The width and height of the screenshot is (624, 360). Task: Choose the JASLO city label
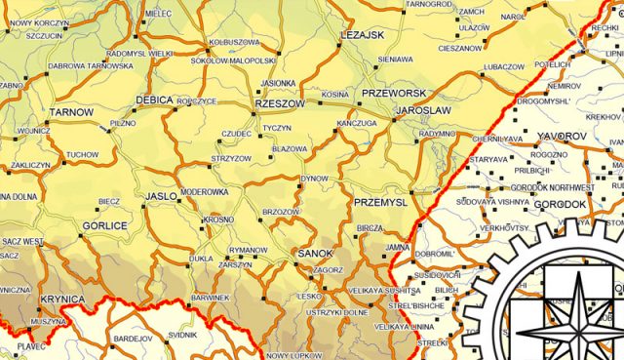(161, 196)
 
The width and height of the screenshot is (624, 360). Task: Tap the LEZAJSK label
(364, 35)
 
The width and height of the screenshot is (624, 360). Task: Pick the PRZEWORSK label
(388, 94)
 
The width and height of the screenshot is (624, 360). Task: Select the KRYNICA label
(62, 299)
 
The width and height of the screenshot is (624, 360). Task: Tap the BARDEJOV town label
(135, 339)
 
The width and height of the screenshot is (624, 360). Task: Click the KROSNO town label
(219, 220)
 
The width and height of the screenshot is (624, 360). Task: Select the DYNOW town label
(314, 179)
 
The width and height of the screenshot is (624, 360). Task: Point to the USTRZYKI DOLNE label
(337, 312)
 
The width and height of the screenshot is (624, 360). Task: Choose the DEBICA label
(154, 100)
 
